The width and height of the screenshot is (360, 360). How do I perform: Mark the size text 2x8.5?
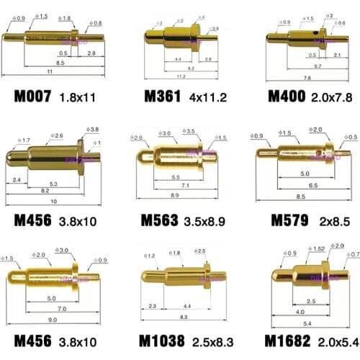coord(328,220)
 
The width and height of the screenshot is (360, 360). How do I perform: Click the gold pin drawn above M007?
coord(50,35)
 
